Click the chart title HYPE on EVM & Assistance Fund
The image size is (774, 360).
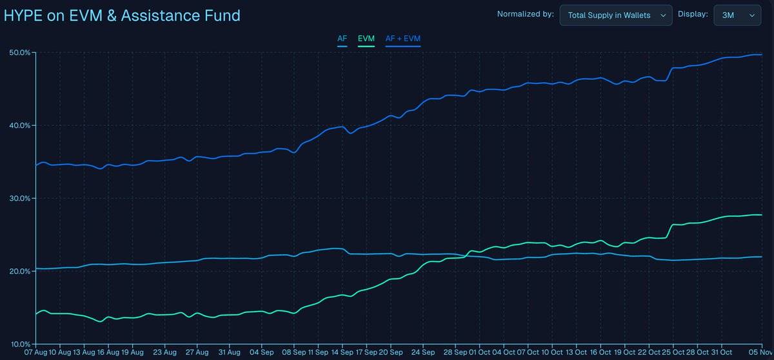122,15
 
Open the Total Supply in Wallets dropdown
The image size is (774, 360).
615,15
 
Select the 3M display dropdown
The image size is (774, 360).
737,15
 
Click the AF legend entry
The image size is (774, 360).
342,39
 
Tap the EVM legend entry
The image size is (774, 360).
366,39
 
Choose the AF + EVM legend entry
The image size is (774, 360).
402,39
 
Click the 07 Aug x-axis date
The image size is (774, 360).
36,353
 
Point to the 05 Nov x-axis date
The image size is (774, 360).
761,353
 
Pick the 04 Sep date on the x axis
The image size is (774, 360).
262,353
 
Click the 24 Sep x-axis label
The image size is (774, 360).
423,353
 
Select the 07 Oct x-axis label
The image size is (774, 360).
528,353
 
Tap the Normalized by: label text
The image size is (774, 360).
525,15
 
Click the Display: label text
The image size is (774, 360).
693,15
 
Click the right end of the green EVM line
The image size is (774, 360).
761,215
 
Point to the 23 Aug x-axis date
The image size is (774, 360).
166,353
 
